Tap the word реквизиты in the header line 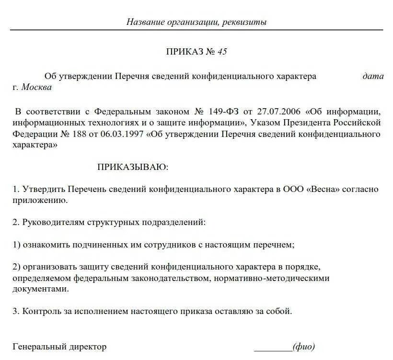(x=245, y=22)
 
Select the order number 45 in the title (x=222, y=52)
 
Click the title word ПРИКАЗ (x=185, y=52)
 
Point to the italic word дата (x=373, y=76)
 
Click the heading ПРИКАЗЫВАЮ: (x=133, y=167)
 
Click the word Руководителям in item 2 (x=52, y=223)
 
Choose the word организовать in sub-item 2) (x=48, y=266)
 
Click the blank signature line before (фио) (x=272, y=348)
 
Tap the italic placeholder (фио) (x=303, y=347)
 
